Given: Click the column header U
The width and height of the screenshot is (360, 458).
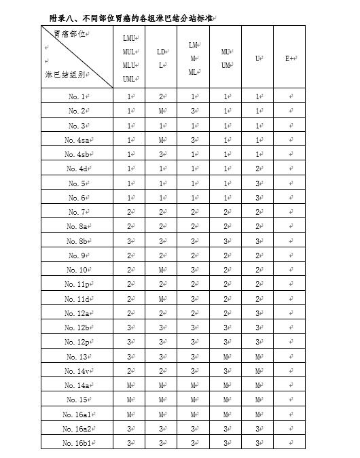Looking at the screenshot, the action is pos(258,58).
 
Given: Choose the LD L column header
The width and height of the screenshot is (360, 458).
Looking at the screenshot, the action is pos(161,58).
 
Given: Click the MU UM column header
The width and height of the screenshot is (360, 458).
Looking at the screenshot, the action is pos(226,58).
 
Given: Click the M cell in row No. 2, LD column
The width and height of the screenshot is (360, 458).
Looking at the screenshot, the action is pos(161,110).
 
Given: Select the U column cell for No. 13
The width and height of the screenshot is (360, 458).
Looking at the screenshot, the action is pos(258,357).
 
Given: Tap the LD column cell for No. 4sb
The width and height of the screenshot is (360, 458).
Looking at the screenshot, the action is pos(161,154).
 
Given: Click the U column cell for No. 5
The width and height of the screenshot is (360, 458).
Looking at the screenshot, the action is pos(258,183).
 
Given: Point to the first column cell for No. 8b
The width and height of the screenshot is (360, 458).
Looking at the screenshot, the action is pos(129,241).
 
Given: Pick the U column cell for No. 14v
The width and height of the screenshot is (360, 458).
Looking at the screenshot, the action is pos(258,371).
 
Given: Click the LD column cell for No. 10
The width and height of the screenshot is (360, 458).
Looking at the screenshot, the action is pos(161,270).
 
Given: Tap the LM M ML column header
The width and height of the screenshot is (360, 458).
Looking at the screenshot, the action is pos(193,58).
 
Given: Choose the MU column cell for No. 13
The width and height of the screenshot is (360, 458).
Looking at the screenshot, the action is pos(226,357).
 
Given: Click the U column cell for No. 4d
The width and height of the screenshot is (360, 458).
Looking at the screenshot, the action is pos(258,168).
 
